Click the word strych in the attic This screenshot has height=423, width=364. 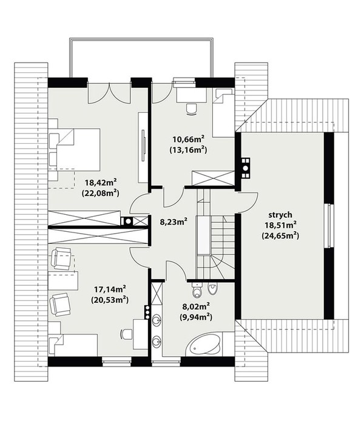click(x=280, y=215)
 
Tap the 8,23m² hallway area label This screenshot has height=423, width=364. click(x=174, y=222)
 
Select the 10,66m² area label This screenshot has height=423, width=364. click(x=188, y=139)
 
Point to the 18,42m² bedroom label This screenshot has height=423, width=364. click(x=101, y=183)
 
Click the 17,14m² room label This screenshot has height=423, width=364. click(x=110, y=289)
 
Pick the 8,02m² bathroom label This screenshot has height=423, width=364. click(x=197, y=306)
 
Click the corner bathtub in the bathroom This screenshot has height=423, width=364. click(x=204, y=344)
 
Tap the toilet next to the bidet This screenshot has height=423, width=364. click(x=197, y=289)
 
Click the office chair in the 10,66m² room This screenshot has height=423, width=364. click(x=192, y=109)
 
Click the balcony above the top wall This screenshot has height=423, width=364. click(x=141, y=58)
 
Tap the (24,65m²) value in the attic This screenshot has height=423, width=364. click(x=280, y=236)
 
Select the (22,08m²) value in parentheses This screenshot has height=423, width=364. click(x=101, y=193)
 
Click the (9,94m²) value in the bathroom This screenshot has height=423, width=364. click(x=196, y=317)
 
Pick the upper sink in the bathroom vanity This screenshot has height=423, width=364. click(x=157, y=320)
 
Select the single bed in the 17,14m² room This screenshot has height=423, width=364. click(x=73, y=345)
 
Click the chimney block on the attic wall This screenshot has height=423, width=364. click(x=246, y=168)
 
